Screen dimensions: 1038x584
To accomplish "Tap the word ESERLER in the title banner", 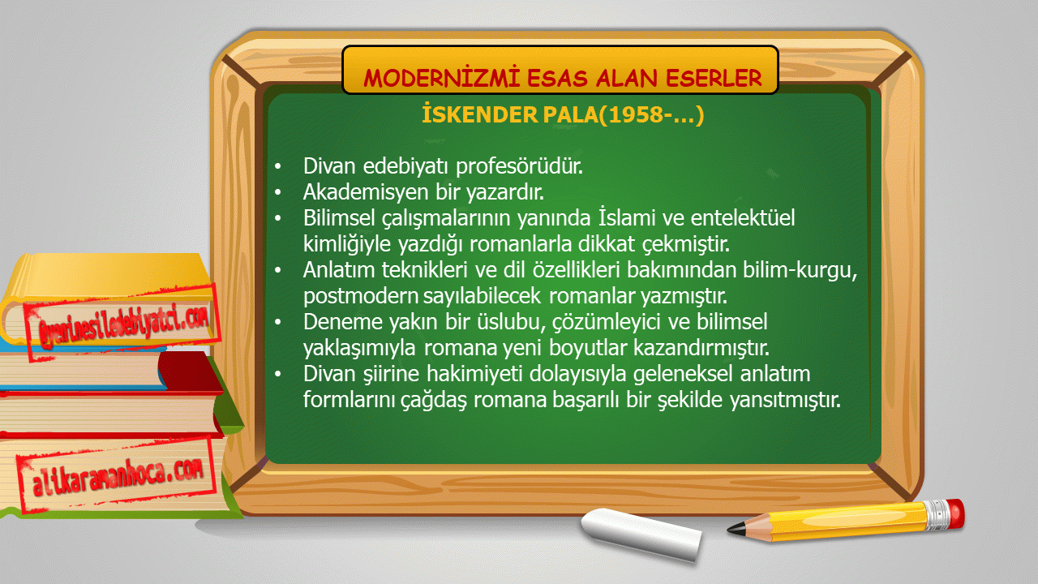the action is coord(714,78).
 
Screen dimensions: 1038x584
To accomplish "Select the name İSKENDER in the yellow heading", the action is coord(478,114).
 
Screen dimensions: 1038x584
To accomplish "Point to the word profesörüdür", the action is coord(520,166).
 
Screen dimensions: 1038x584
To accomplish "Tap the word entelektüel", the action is coord(743,218).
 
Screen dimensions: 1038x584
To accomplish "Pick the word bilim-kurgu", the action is coord(800,270).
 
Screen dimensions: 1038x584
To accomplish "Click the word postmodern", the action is coord(361,296).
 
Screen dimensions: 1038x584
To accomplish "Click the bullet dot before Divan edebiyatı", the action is coord(277,166).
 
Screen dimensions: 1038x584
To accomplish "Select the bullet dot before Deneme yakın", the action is coord(277,322).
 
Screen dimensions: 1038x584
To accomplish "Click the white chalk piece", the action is coord(641,534).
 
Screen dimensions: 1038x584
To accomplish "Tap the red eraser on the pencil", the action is coord(955,513).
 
